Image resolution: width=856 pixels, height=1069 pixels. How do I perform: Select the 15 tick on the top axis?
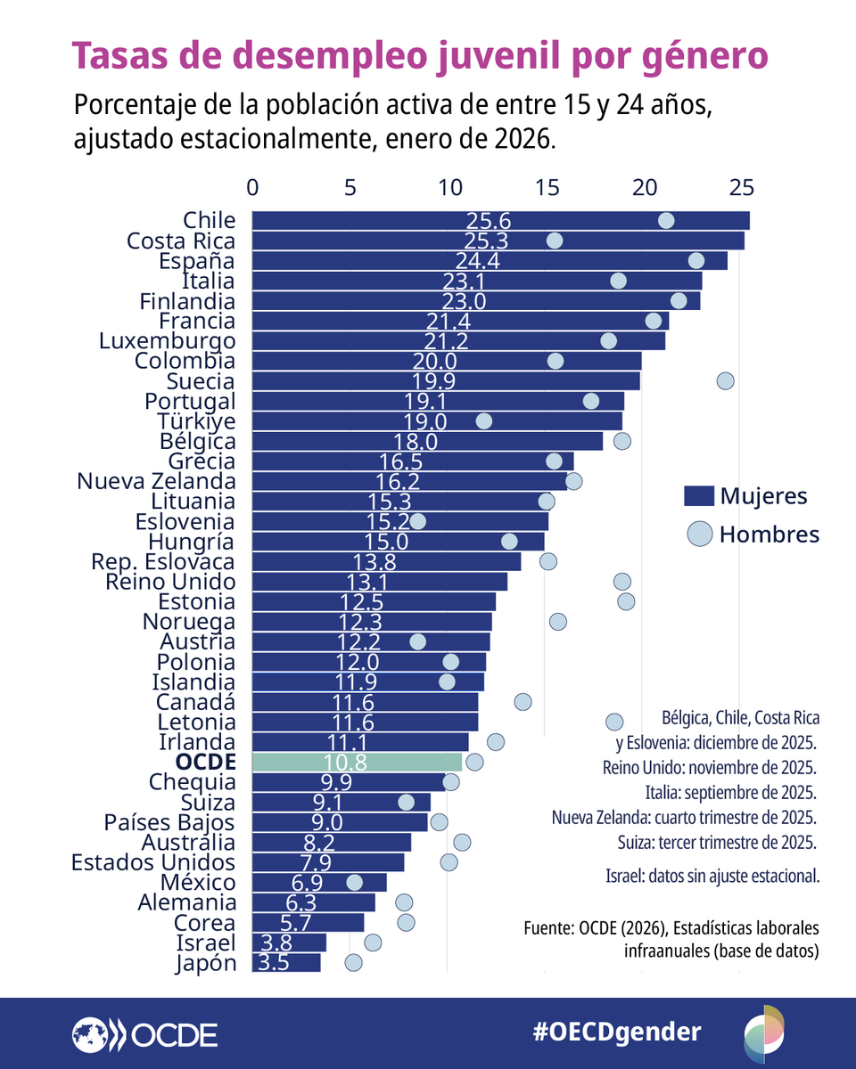tap(547, 188)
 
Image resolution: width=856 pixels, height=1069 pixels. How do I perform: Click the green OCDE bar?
tap(358, 763)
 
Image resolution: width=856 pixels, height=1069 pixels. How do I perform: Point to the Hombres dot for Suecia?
tap(725, 381)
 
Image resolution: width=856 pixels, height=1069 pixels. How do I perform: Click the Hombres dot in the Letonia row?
tap(613, 722)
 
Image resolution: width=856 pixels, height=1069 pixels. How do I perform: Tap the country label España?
tap(197, 261)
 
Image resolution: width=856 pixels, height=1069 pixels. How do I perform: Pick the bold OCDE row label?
tap(206, 763)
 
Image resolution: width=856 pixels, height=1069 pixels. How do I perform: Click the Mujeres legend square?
tap(699, 496)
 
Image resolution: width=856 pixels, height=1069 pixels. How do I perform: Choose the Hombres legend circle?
tap(700, 534)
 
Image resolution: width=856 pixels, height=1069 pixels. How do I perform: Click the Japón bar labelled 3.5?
tap(286, 963)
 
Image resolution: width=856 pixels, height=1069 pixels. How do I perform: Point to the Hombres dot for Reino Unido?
tap(622, 582)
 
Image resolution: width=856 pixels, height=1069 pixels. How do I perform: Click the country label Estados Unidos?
tap(153, 862)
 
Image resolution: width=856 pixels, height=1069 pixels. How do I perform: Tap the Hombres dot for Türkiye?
tap(484, 421)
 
